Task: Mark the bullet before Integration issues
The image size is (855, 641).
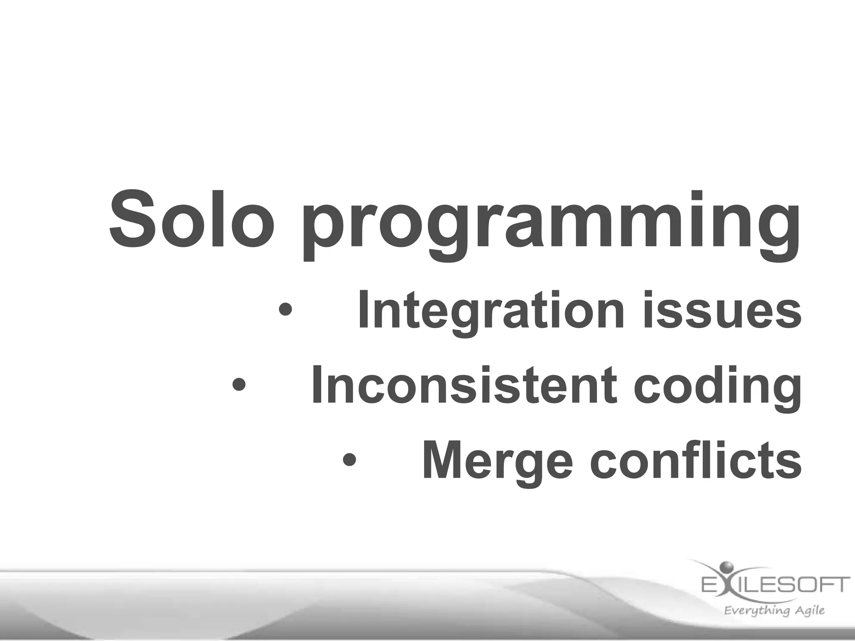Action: pos(286,311)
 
